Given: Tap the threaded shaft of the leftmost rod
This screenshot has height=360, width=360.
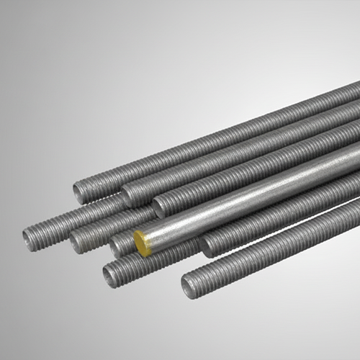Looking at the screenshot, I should coord(79,216).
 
